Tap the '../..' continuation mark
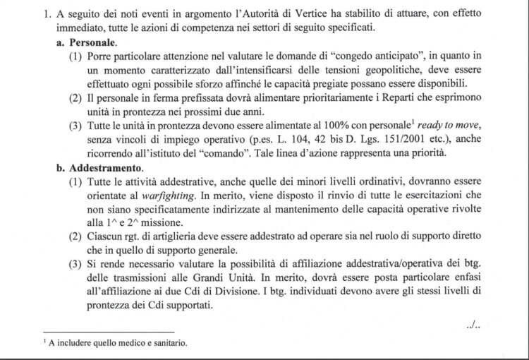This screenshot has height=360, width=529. [473, 325]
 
